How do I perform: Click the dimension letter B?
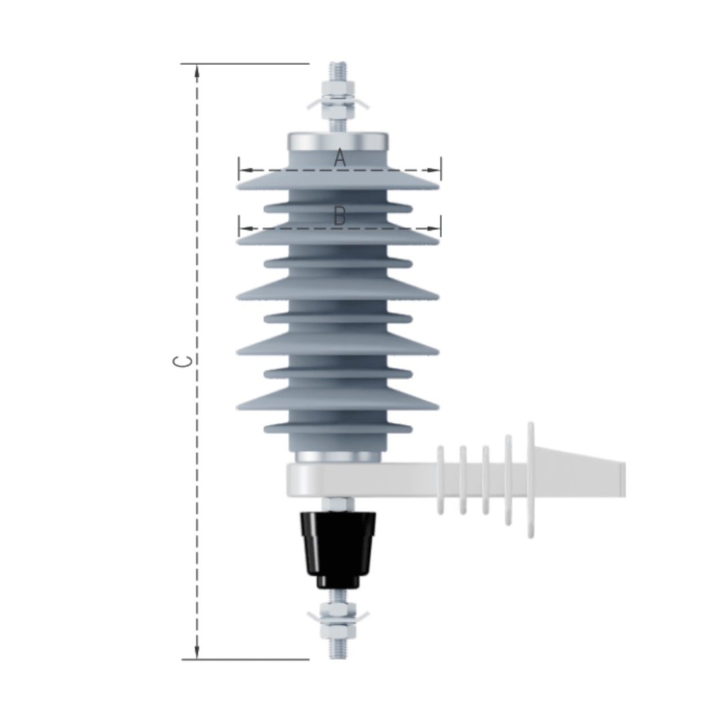[x=340, y=216]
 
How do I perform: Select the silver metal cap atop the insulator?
[x=338, y=142]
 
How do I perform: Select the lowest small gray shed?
[x=338, y=427]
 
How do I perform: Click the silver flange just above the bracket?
[x=338, y=457]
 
